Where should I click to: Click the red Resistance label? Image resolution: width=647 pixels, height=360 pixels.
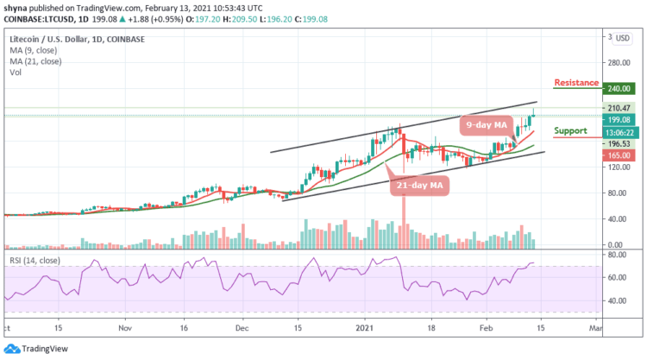pos(576,83)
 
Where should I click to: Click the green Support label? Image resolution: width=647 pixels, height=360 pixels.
pos(571,131)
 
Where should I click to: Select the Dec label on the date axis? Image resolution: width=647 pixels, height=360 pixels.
pos(242,328)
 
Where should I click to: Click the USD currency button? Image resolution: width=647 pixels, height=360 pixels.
pos(623,38)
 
